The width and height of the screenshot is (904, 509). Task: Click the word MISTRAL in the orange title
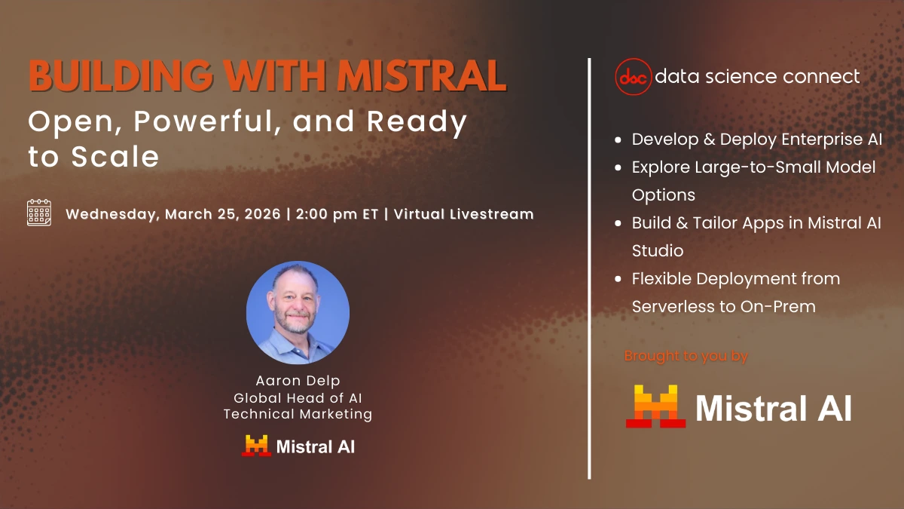[x=422, y=76]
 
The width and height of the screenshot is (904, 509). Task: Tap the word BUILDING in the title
[x=121, y=76]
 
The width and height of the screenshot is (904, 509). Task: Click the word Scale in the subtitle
[x=115, y=156]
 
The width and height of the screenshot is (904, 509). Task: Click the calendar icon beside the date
[x=39, y=213]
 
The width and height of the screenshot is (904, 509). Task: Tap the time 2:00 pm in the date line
[x=326, y=214]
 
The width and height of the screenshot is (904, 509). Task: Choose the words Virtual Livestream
[x=464, y=213]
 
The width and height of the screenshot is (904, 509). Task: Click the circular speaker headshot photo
[x=298, y=312]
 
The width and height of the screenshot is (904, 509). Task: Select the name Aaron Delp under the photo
[x=298, y=381]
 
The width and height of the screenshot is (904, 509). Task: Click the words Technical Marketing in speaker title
[x=298, y=414]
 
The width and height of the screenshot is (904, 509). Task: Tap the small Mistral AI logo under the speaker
[x=298, y=446]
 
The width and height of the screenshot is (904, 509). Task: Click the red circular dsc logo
[x=634, y=77]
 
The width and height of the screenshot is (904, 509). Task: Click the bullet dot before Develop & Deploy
[x=618, y=140]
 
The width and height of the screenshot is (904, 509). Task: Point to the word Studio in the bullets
[x=658, y=250]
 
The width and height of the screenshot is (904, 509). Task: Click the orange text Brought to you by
[x=686, y=356]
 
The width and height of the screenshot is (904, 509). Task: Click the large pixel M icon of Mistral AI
[x=656, y=406]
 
